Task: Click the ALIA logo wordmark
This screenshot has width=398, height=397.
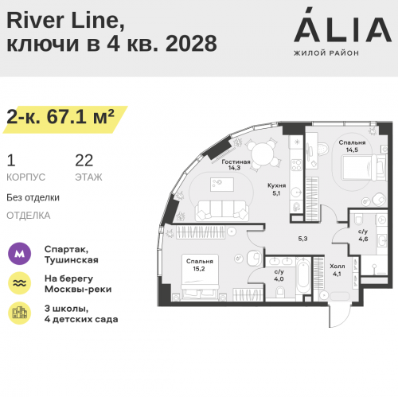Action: [342, 25]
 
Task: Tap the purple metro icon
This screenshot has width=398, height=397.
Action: [19, 254]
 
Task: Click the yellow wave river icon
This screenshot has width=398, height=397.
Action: [19, 283]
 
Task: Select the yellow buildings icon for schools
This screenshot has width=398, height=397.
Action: [19, 313]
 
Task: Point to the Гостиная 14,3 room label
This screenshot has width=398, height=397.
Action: [236, 165]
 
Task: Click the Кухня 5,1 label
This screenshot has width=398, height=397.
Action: [276, 189]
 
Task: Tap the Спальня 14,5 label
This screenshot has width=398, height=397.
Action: [352, 146]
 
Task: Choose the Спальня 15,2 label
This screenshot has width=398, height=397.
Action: [199, 265]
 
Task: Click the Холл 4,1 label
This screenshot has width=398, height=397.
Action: [338, 270]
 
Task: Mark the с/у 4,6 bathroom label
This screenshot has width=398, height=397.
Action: [363, 235]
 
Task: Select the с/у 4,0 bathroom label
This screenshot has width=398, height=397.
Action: [279, 275]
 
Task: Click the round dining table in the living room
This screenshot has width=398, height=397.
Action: [263, 154]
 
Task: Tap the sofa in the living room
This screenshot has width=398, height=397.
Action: [222, 211]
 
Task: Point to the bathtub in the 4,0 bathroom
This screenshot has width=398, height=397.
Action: [303, 275]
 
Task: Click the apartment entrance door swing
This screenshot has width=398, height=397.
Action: [340, 316]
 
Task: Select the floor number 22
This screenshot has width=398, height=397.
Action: [84, 161]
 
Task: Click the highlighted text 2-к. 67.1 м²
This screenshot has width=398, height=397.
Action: [60, 117]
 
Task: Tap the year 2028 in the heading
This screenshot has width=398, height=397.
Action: [191, 43]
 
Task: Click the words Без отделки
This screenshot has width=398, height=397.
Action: [33, 197]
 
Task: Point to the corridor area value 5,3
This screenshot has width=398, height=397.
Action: [302, 239]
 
